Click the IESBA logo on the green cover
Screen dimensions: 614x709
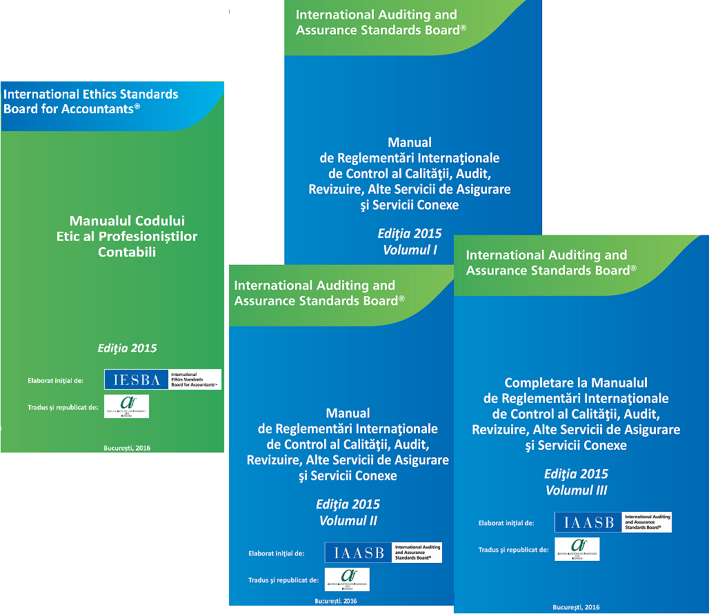(163, 379)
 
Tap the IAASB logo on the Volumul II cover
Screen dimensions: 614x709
(383, 553)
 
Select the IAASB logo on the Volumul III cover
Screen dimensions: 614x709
(612, 522)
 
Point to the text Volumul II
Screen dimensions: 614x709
(348, 521)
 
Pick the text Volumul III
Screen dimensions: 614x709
(576, 491)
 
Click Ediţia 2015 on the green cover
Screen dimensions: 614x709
(128, 348)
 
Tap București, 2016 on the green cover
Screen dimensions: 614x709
(127, 448)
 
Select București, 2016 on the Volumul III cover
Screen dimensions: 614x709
(576, 607)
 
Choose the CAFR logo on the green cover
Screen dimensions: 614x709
(126, 406)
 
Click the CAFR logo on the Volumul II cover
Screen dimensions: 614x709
(347, 580)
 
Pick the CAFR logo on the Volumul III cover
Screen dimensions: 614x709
(577, 549)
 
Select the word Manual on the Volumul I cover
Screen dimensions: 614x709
(410, 143)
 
